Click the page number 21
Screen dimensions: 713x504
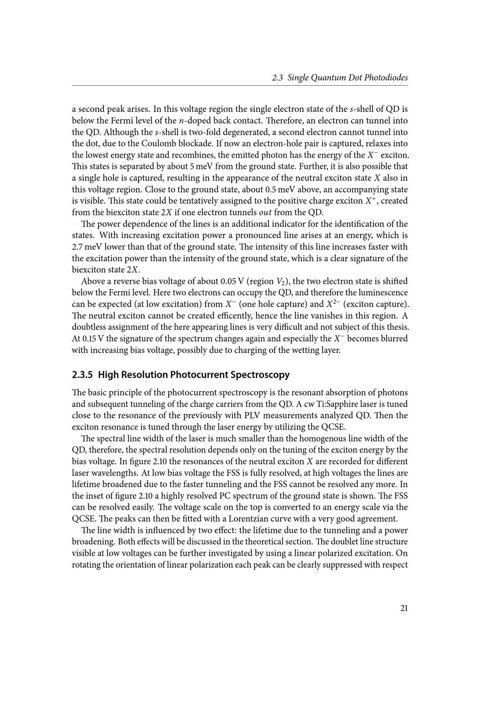pyautogui.click(x=404, y=608)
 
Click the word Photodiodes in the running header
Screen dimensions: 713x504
pyautogui.click(x=386, y=78)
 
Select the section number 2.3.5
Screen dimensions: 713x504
pyautogui.click(x=83, y=375)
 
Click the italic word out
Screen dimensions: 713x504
pyautogui.click(x=265, y=212)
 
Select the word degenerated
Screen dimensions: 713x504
pyautogui.click(x=217, y=132)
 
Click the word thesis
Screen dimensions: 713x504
pyautogui.click(x=397, y=327)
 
